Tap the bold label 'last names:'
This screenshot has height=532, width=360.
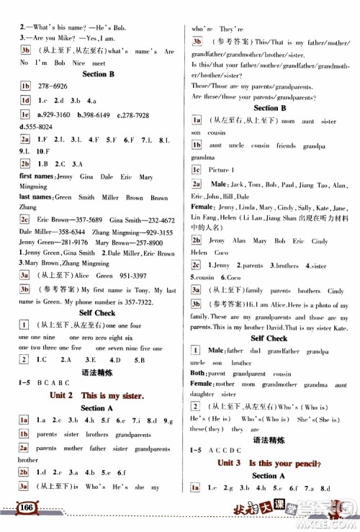tap(34, 198)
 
